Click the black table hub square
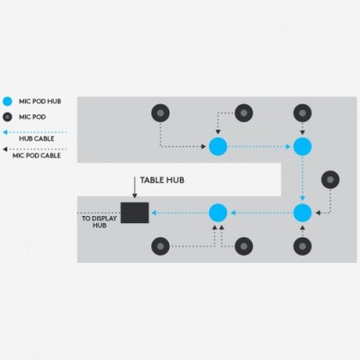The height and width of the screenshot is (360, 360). tap(135, 212)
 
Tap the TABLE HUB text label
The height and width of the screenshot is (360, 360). tap(162, 180)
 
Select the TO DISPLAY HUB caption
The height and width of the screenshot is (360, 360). tap(99, 222)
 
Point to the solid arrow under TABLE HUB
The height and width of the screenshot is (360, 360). tap(135, 187)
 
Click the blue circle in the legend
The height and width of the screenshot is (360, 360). tap(7, 102)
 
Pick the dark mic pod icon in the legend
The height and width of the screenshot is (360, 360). tap(7, 117)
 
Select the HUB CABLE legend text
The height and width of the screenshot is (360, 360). tap(37, 139)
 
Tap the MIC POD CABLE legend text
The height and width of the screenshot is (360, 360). tap(37, 156)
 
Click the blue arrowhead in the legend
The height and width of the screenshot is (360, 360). tap(5, 132)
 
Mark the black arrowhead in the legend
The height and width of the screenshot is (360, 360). tap(5, 149)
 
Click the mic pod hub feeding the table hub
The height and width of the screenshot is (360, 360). tap(218, 212)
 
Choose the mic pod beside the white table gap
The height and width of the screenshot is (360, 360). tap(330, 180)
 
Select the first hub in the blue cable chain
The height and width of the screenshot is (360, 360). tap(218, 147)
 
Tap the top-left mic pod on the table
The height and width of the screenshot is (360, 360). tap(160, 113)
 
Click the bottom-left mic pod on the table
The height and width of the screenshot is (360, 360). tap(160, 247)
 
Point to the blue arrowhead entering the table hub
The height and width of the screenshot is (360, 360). tap(154, 212)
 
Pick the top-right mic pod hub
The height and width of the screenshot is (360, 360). tap(302, 147)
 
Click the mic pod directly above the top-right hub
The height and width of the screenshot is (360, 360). tap(302, 113)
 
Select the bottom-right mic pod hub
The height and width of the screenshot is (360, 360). tap(302, 212)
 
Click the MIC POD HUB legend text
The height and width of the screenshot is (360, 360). tap(40, 102)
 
